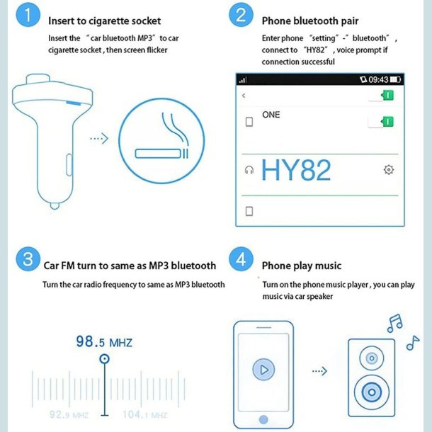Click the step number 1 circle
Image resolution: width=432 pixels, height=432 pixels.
[x=28, y=15]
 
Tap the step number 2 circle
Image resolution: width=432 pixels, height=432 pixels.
[x=241, y=15]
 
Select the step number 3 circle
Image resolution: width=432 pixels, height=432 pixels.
[x=28, y=259]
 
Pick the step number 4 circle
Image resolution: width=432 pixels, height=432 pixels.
[x=241, y=259]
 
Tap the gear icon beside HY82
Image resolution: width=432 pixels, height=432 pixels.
[x=388, y=170]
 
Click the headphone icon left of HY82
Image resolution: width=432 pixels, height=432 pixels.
[x=249, y=170]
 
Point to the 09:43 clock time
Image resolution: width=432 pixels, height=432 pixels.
[x=377, y=79]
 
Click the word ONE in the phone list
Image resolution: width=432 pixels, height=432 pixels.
[x=271, y=115]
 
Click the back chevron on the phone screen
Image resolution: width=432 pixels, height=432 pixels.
[x=244, y=96]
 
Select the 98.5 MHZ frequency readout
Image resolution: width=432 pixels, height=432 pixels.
[x=103, y=342]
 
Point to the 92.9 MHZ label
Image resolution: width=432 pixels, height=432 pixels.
[x=69, y=414]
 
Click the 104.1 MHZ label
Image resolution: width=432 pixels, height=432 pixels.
[x=144, y=414]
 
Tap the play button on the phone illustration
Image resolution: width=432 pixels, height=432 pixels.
[x=264, y=369]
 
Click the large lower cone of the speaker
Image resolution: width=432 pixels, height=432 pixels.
[x=371, y=391]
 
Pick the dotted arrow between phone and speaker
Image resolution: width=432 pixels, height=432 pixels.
[x=319, y=370]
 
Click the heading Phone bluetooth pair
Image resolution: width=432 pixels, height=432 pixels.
[x=310, y=21]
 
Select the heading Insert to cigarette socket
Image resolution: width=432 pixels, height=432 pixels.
[x=104, y=21]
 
